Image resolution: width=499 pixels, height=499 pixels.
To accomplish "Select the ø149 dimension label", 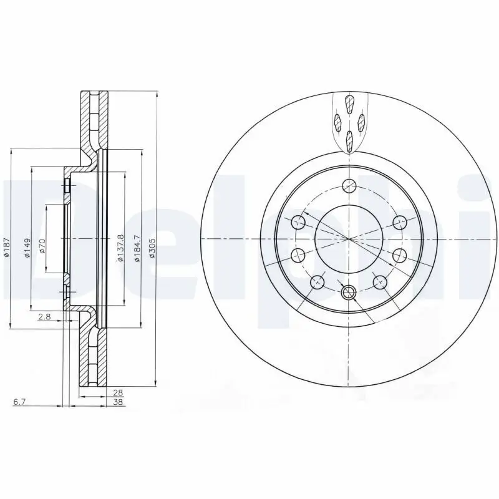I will tap(27, 248).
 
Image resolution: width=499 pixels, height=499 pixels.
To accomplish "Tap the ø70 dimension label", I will tap(42, 246).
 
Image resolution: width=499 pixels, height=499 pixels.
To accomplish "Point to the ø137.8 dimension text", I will tap(121, 248).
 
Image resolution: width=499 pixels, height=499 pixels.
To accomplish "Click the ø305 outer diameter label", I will tap(152, 248).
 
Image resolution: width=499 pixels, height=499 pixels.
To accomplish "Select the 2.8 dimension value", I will tap(44, 317).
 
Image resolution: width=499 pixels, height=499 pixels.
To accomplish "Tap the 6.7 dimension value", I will tap(19, 402).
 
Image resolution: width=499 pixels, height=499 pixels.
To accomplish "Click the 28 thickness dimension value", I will tap(118, 393).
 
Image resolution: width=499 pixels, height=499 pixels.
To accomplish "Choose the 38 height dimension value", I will tap(118, 402).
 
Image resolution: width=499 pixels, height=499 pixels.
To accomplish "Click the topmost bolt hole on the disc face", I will tap(349, 185).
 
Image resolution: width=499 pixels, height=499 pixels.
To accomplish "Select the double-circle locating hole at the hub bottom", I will tap(349, 291).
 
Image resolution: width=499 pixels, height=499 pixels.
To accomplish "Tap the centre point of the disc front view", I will tap(349, 239).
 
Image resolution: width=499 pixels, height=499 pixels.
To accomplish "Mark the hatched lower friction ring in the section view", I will tap(87, 359).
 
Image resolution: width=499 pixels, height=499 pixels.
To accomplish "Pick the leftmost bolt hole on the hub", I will tap(298, 254).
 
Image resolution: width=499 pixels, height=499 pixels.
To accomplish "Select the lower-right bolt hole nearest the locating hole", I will tap(379, 282).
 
